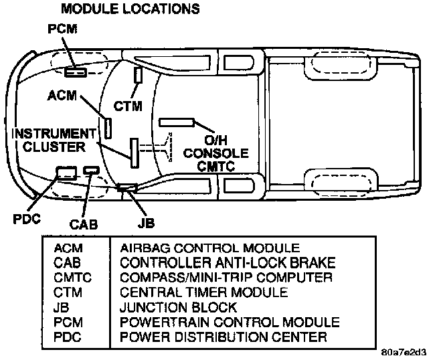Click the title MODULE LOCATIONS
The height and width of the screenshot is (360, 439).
(130, 9)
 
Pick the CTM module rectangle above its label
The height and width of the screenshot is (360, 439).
(138, 75)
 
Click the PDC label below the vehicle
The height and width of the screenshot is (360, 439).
(27, 219)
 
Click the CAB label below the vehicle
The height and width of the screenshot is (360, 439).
(84, 225)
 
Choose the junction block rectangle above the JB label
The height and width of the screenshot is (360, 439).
(127, 187)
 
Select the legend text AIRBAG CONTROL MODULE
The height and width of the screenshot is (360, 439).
(209, 247)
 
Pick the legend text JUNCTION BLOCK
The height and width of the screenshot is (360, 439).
(178, 307)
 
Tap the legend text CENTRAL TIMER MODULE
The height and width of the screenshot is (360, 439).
(203, 292)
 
